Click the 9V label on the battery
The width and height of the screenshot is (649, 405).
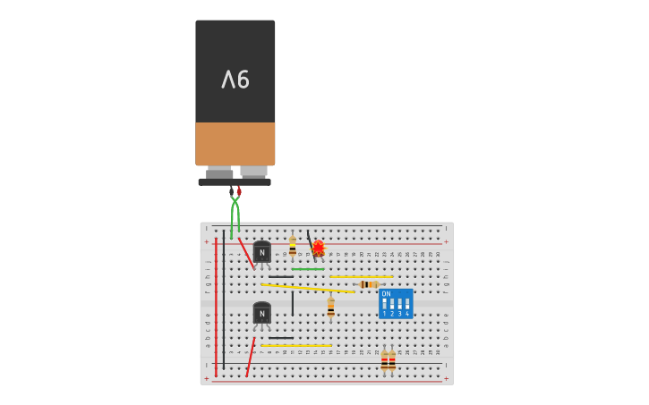point(235,80)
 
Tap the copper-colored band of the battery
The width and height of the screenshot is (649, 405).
point(235,143)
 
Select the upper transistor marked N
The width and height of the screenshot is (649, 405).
point(261,252)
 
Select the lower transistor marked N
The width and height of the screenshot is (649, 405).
point(261,313)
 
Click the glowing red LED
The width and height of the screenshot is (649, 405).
point(318,248)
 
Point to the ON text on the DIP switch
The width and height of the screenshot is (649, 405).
point(386,293)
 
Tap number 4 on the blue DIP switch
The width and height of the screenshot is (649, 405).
point(406,314)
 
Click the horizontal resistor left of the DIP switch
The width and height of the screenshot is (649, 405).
point(369,284)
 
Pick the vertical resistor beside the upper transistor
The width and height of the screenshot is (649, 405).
point(293,248)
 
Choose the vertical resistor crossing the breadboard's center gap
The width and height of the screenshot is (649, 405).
point(330,307)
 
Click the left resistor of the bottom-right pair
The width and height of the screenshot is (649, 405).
point(384,359)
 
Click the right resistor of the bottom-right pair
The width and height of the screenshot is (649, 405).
point(392,359)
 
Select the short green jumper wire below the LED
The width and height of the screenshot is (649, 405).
point(307,269)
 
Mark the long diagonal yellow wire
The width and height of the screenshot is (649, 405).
point(307,288)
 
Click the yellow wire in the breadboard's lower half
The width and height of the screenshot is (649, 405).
point(295,345)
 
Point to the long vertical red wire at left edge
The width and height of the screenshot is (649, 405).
point(216,304)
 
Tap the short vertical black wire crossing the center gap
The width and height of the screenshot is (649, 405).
point(292,303)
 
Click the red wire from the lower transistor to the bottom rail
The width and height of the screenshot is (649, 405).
point(251,356)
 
